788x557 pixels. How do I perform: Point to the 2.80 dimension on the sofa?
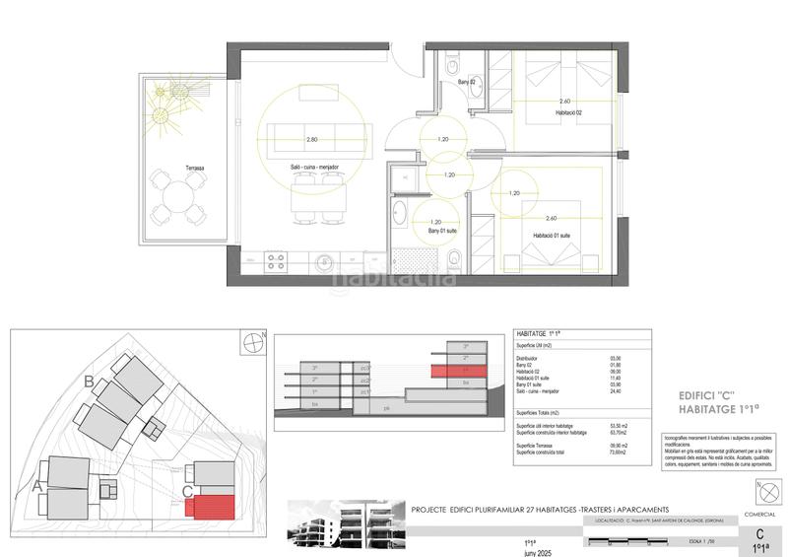[312, 139]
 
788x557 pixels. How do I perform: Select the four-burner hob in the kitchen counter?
[276, 262]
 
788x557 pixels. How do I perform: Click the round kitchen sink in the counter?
[323, 262]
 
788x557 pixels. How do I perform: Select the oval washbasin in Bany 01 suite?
[401, 214]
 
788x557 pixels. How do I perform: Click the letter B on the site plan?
[90, 381]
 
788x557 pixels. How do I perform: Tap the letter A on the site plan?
[37, 484]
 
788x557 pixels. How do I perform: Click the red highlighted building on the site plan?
[214, 507]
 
